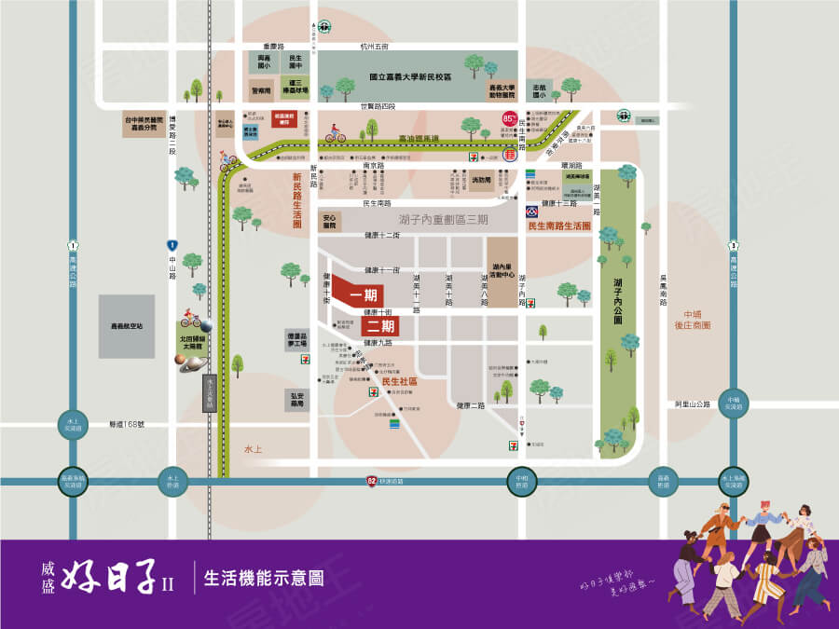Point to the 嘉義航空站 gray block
(x=127, y=326)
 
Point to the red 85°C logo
(x=510, y=118)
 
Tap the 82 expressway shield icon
(x=373, y=480)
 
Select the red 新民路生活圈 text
(x=298, y=199)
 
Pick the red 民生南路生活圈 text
(x=559, y=226)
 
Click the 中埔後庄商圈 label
(x=696, y=320)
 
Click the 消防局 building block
(x=480, y=183)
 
